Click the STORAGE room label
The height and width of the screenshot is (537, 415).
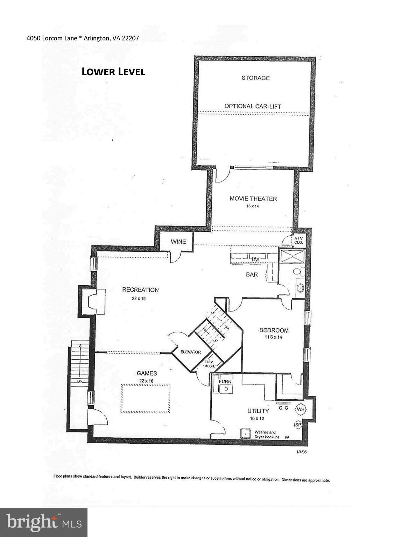pyautogui.click(x=255, y=78)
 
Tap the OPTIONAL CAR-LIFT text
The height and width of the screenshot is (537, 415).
pyautogui.click(x=253, y=106)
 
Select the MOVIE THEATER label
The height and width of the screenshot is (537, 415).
pyautogui.click(x=253, y=199)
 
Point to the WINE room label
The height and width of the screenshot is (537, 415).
pyautogui.click(x=178, y=242)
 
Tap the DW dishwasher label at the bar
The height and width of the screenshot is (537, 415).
pyautogui.click(x=256, y=259)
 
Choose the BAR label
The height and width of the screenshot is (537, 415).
pyautogui.click(x=252, y=274)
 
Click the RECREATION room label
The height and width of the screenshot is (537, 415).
pyautogui.click(x=140, y=289)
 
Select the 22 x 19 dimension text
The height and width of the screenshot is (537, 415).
pyautogui.click(x=141, y=299)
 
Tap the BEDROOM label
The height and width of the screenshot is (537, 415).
pyautogui.click(x=274, y=330)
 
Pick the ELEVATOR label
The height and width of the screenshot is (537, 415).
pyautogui.click(x=190, y=352)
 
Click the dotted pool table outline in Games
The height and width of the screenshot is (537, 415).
pyautogui.click(x=146, y=399)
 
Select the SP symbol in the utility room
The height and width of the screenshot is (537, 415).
pyautogui.click(x=298, y=424)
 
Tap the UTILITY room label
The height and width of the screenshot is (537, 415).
pyautogui.click(x=258, y=411)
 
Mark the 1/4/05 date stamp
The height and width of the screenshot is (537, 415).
pyautogui.click(x=301, y=452)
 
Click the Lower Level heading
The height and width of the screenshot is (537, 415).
pyautogui.click(x=113, y=72)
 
